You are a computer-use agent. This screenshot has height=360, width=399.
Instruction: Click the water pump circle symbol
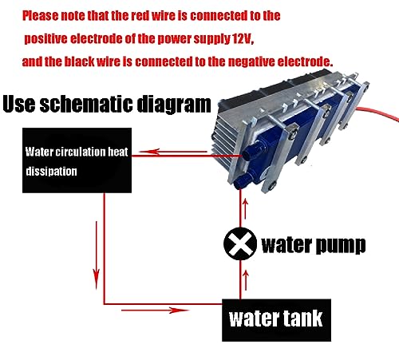pyautogui.click(x=240, y=243)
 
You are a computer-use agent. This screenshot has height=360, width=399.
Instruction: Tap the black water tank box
pyautogui.click(x=276, y=320)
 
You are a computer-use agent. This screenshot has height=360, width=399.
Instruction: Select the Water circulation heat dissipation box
pyautogui.click(x=77, y=160)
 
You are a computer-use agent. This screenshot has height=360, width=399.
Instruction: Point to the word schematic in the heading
pyautogui.click(x=86, y=104)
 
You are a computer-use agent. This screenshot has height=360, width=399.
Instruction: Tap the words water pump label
pyautogui.click(x=314, y=246)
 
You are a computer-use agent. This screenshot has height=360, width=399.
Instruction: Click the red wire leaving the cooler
pyautogui.click(x=377, y=113)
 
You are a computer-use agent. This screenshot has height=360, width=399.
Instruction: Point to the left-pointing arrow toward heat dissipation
pyautogui.click(x=173, y=152)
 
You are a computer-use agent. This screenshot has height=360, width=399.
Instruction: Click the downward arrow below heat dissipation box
pyautogui.click(x=97, y=255)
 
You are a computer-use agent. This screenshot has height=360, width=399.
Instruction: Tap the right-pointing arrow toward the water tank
pyautogui.click(x=155, y=310)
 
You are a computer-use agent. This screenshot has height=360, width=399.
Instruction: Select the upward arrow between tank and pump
pyautogui.click(x=246, y=280)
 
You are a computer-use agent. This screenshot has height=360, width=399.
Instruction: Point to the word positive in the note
pyautogui.click(x=45, y=39)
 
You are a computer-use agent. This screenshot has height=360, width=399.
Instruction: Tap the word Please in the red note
pyautogui.click(x=40, y=16)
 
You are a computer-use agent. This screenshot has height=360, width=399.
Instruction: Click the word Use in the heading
pyautogui.click(x=19, y=104)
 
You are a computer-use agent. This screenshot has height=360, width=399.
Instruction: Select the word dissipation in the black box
pyautogui.click(x=52, y=172)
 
